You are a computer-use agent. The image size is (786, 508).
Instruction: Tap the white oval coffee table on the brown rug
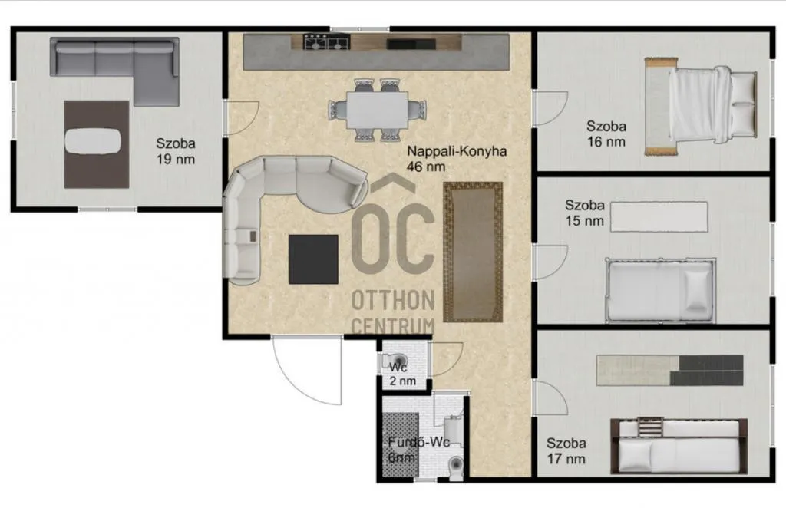click(92, 141)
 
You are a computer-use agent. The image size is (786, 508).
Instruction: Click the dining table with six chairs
click(376, 110)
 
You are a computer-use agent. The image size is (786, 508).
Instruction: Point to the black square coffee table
click(313, 259)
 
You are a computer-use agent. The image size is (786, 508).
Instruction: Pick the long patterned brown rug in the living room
click(472, 252)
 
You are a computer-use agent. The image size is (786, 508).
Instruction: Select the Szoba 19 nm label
click(176, 151)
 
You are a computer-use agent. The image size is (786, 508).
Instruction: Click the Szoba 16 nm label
click(606, 134)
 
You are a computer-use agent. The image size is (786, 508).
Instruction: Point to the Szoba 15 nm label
click(585, 213)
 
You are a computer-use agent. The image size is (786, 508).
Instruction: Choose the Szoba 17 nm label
click(566, 450)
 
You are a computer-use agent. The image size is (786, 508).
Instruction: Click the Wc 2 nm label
click(401, 374)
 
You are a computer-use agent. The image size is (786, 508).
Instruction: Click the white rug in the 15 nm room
click(659, 216)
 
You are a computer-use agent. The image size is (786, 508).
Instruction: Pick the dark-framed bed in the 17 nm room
click(679, 446)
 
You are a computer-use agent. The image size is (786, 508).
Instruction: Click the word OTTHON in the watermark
click(393, 300)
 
